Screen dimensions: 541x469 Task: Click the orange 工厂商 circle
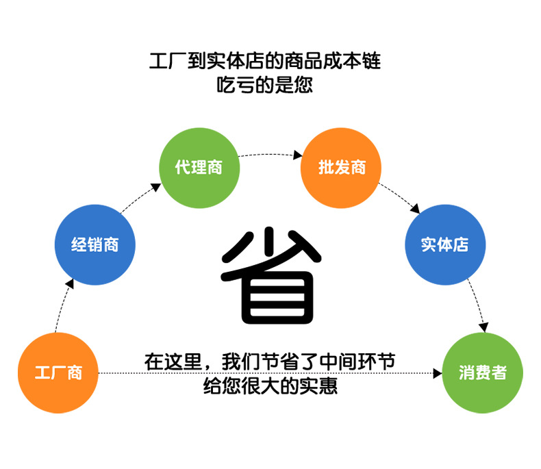[x=58, y=373]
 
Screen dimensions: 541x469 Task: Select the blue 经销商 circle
[x=95, y=244]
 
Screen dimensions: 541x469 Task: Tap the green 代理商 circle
[x=199, y=167]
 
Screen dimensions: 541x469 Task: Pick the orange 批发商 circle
[x=342, y=167]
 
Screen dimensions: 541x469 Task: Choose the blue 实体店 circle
[x=444, y=244]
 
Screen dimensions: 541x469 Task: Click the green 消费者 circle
[x=483, y=373]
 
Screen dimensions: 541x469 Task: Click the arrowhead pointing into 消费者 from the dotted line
[x=438, y=373]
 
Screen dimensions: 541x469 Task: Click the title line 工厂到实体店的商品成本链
[x=264, y=62]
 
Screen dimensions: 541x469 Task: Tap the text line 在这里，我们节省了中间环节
[x=269, y=361]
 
